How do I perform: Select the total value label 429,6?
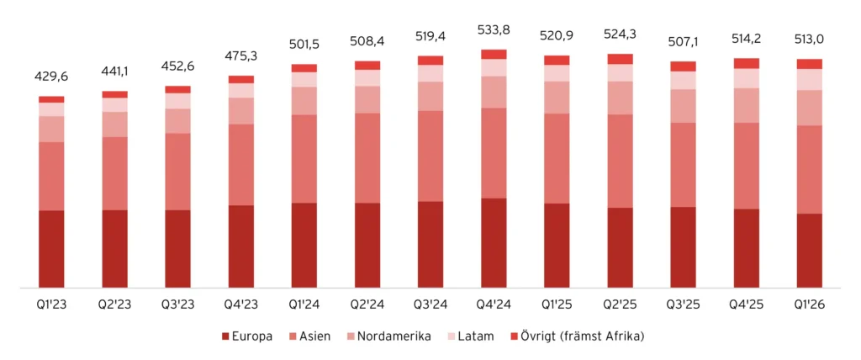click(x=51, y=77)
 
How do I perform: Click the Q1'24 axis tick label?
click(x=304, y=304)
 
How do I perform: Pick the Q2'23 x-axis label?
click(x=114, y=304)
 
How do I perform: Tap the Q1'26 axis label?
click(x=810, y=304)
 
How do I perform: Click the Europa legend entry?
click(x=246, y=336)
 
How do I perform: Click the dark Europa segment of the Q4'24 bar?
click(x=494, y=243)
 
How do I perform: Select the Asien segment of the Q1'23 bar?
click(x=51, y=176)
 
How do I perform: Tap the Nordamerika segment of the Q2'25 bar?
click(x=621, y=98)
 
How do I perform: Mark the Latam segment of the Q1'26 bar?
click(x=810, y=79)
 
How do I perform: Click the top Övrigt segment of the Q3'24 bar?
click(x=430, y=61)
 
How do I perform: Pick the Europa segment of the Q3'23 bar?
click(x=177, y=249)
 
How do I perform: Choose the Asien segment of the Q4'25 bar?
click(x=747, y=166)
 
